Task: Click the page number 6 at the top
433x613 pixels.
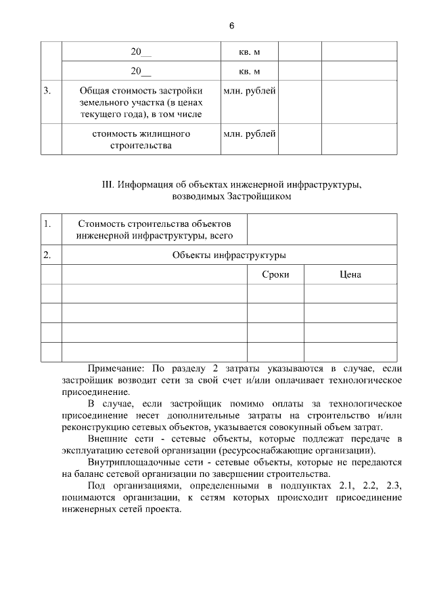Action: (x=231, y=26)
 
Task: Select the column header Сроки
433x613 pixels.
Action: (x=275, y=274)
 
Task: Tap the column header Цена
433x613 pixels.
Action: (x=350, y=274)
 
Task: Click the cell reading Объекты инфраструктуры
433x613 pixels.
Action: (x=229, y=255)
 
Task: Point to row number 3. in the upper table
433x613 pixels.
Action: (x=47, y=91)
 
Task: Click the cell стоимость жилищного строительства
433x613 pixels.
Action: (x=141, y=140)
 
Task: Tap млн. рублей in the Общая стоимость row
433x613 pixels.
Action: (x=249, y=91)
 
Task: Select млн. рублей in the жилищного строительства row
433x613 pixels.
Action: (x=249, y=134)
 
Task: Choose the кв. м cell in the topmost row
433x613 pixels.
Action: (x=249, y=51)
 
